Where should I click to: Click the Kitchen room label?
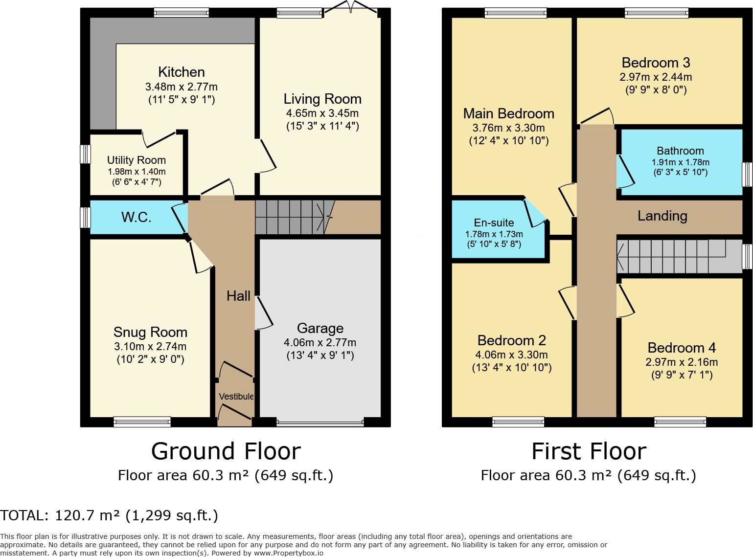182,72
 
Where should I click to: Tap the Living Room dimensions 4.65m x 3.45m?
322,113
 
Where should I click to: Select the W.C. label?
136,217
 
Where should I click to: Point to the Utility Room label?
137,160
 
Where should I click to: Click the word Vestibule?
236,397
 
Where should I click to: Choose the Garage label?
320,328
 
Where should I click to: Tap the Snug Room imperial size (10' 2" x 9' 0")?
150,359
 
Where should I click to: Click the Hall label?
238,296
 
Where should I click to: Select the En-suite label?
494,223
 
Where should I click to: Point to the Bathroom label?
681,151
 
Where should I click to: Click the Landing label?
662,216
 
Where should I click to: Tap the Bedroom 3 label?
656,63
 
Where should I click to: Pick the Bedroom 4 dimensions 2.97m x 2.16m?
682,362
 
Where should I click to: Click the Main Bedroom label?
508,114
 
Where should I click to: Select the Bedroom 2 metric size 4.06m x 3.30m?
512,355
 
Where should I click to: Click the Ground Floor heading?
226,451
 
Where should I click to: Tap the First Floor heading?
589,451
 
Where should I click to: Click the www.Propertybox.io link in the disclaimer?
289,553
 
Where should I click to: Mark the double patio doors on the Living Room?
351,8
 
